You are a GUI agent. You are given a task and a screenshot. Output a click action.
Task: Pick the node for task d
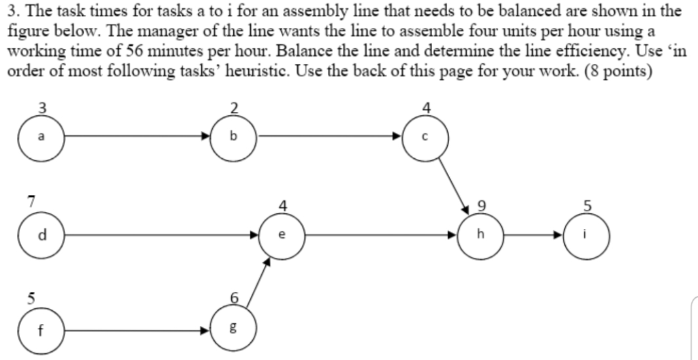coord(42,235)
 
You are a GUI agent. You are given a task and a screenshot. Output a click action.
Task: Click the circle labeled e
coord(283,235)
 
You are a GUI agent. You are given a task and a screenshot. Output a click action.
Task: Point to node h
coord(481,235)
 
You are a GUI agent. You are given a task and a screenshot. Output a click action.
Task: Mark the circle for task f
coord(42,331)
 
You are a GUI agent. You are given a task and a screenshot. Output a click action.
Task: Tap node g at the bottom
coord(234,331)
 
